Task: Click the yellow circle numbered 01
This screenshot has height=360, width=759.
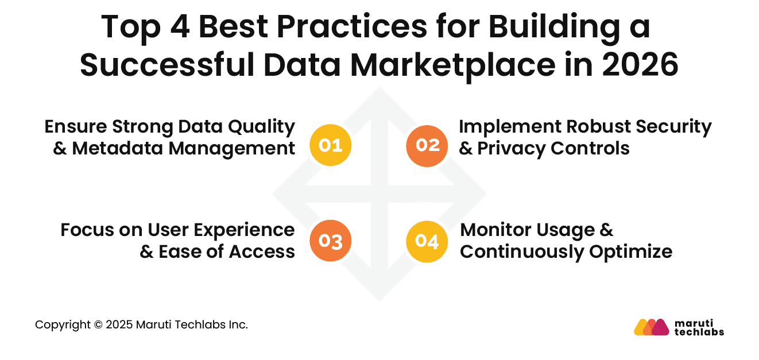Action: pyautogui.click(x=330, y=145)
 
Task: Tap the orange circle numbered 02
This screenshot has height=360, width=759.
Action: pyautogui.click(x=427, y=145)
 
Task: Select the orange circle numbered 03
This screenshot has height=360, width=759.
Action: pyautogui.click(x=330, y=241)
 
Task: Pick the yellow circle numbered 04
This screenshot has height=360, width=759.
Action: pyautogui.click(x=427, y=241)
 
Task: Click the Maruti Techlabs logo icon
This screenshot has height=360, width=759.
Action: pyautogui.click(x=652, y=327)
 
